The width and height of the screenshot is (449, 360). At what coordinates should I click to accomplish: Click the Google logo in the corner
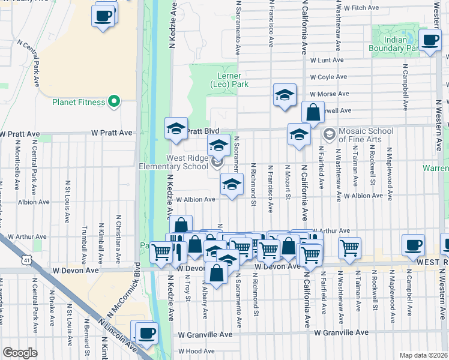coord(20,353)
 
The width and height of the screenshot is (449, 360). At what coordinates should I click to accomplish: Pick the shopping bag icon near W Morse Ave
coord(313,112)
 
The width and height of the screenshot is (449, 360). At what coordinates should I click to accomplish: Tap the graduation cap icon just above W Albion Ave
coord(231,184)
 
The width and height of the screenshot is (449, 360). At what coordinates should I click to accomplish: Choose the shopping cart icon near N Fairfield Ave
coord(349,247)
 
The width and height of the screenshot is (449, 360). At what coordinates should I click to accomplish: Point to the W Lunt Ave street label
coord(327,60)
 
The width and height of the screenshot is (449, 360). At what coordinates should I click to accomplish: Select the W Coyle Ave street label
coord(328,77)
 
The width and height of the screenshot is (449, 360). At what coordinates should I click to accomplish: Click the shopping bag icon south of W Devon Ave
coord(216,273)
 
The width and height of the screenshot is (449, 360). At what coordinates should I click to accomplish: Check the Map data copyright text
coord(423,355)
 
